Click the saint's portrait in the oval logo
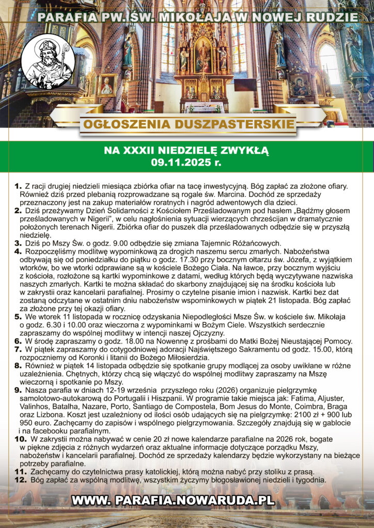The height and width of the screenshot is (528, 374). pos(50,62)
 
